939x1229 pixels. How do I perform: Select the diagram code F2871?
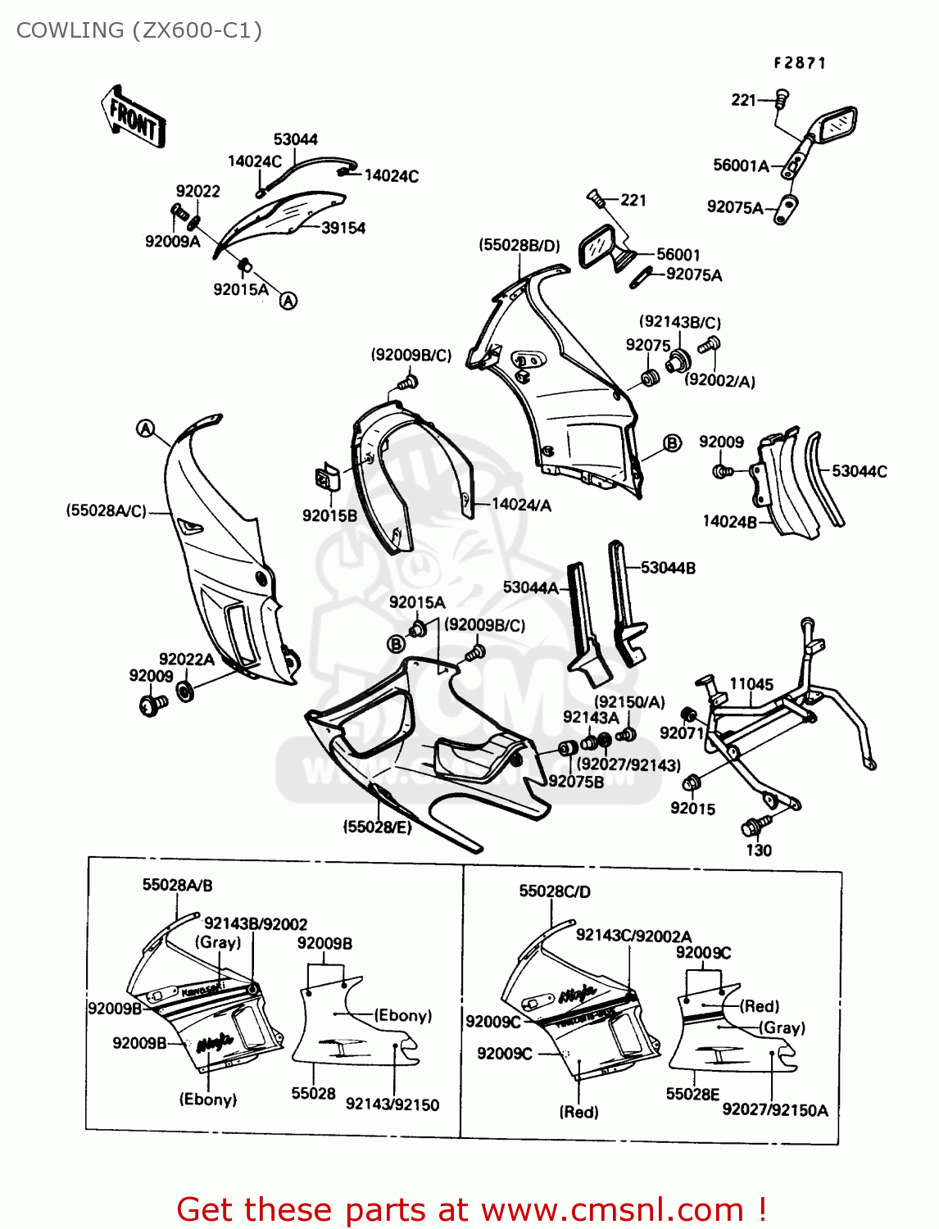click(x=800, y=63)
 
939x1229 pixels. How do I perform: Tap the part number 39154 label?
click(x=343, y=229)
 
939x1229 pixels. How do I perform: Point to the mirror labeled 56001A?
click(x=829, y=131)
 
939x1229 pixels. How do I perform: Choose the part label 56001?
click(x=678, y=255)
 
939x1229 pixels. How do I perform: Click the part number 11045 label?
click(x=751, y=684)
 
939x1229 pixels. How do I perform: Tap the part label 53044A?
click(x=530, y=587)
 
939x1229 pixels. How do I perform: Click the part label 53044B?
click(x=668, y=568)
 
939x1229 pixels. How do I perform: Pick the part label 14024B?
click(x=729, y=521)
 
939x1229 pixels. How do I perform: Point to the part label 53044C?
click(x=859, y=471)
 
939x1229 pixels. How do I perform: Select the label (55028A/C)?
click(x=107, y=510)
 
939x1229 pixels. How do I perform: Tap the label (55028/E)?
click(x=377, y=827)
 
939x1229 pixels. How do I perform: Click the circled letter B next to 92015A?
click(x=396, y=644)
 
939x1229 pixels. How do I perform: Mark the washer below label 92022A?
click(x=186, y=690)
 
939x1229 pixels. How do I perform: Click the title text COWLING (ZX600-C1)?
click(x=139, y=30)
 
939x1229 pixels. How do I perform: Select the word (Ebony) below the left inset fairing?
click(x=208, y=1100)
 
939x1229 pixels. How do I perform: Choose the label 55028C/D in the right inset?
click(x=555, y=891)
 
